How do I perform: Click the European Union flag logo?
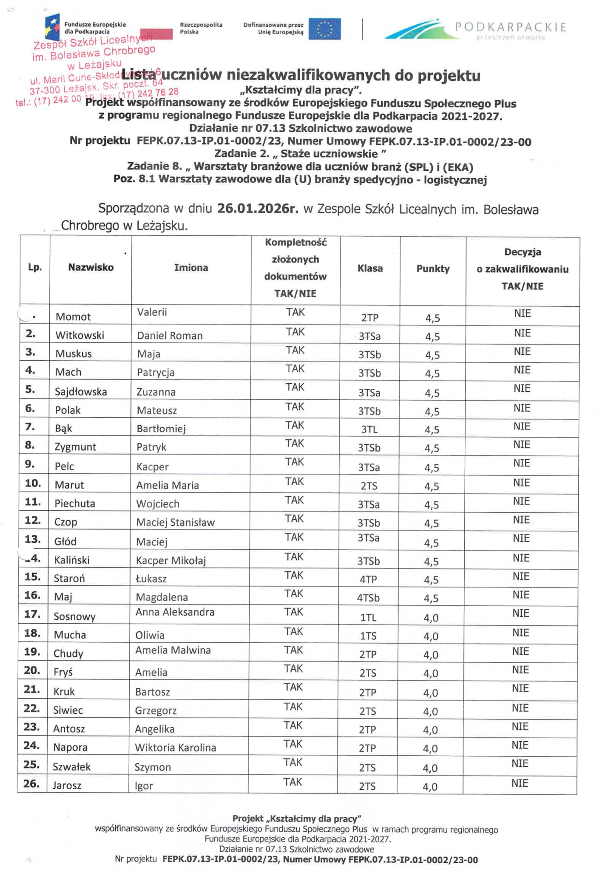click(324, 29)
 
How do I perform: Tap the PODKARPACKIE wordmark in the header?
click(510, 28)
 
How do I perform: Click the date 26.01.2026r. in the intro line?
click(258, 209)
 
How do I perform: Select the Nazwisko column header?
click(91, 268)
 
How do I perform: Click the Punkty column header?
click(433, 268)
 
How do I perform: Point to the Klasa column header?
click(370, 268)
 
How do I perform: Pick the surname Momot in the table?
click(73, 317)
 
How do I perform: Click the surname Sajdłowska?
click(81, 392)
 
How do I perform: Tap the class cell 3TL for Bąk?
click(369, 429)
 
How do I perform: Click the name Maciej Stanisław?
click(175, 523)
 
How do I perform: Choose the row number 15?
click(33, 577)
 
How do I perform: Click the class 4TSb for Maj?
click(368, 598)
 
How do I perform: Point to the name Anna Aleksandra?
click(175, 612)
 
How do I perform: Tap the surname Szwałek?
click(71, 767)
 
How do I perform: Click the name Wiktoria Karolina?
click(175, 748)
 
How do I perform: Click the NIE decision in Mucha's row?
click(520, 633)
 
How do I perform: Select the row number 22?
click(32, 709)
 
